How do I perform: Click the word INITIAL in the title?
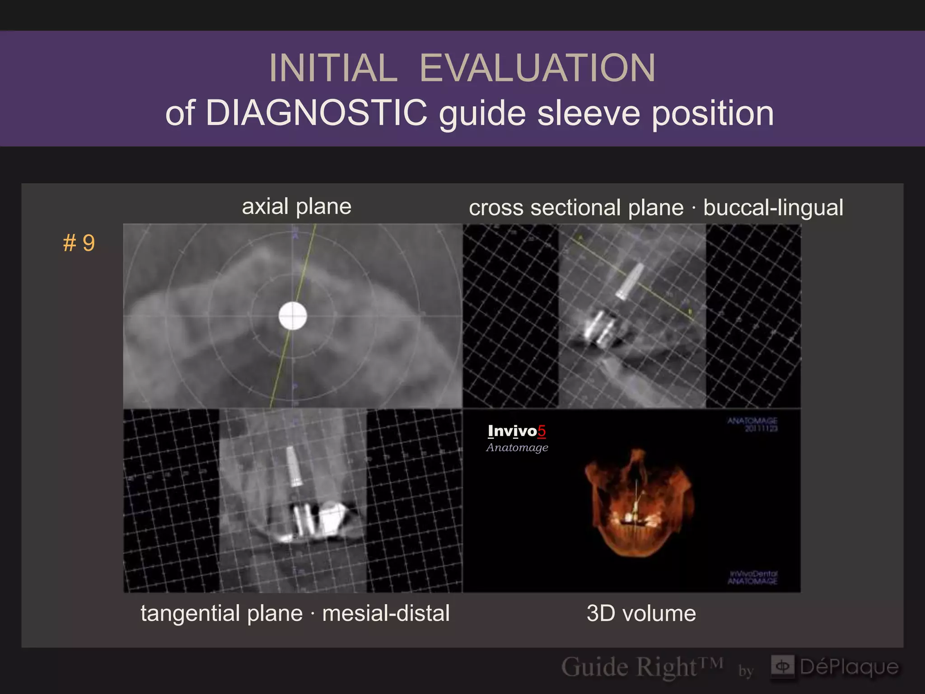pyautogui.click(x=333, y=68)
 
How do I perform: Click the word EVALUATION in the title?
pyautogui.click(x=537, y=68)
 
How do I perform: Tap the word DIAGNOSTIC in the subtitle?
pyautogui.click(x=316, y=113)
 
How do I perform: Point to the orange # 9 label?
pyautogui.click(x=79, y=243)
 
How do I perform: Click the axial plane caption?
pyautogui.click(x=296, y=207)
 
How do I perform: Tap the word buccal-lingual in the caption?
pyautogui.click(x=773, y=208)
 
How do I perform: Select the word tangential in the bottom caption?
pyautogui.click(x=221, y=614)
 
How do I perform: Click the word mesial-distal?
pyautogui.click(x=386, y=614)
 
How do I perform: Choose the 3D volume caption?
pyautogui.click(x=641, y=614)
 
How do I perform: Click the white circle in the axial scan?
pyautogui.click(x=293, y=316)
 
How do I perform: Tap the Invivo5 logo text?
pyautogui.click(x=517, y=431)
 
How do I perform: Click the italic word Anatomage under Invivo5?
pyautogui.click(x=517, y=447)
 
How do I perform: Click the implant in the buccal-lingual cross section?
pyautogui.click(x=630, y=281)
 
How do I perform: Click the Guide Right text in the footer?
pyautogui.click(x=641, y=667)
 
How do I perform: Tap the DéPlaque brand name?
pyautogui.click(x=849, y=667)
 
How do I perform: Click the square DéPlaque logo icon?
pyautogui.click(x=782, y=666)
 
